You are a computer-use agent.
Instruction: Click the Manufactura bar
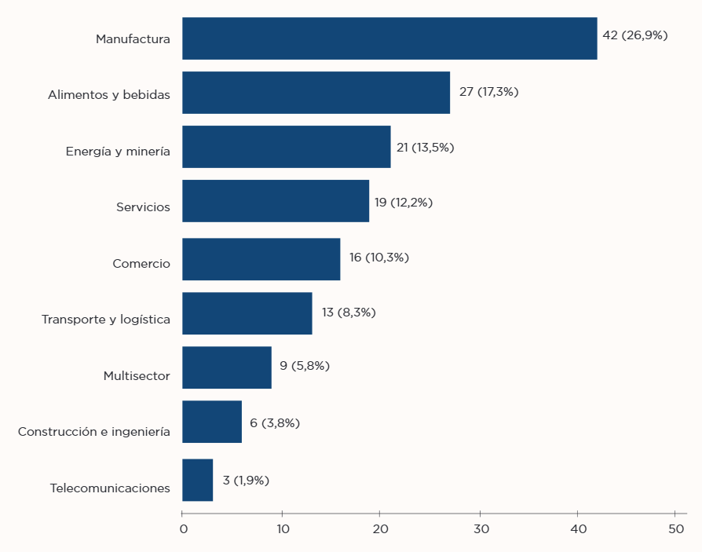tap(389, 38)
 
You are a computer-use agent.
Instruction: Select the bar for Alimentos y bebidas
tap(316, 93)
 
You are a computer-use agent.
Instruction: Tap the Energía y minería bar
tap(286, 147)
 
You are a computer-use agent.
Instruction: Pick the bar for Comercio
tap(261, 259)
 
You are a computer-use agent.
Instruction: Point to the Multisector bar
tap(226, 367)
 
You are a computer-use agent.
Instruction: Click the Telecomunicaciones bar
tap(197, 480)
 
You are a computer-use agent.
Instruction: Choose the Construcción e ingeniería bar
tap(211, 422)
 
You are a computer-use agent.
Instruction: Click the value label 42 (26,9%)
tap(634, 35)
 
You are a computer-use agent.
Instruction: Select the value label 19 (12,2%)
tap(403, 203)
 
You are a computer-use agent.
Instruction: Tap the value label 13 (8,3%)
tap(349, 313)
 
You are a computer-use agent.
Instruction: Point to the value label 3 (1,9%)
tap(246, 480)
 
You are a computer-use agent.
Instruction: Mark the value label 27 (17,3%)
tap(488, 92)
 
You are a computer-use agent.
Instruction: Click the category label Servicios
tap(143, 207)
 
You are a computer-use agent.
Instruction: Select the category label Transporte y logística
tap(105, 320)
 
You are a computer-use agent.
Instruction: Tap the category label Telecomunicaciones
tap(110, 488)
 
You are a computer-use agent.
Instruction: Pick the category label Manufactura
tap(133, 38)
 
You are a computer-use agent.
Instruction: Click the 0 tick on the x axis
tap(183, 528)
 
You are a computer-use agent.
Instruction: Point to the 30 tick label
tap(480, 528)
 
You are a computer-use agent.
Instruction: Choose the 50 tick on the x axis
tap(675, 528)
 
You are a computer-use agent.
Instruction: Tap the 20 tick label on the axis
tap(381, 528)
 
